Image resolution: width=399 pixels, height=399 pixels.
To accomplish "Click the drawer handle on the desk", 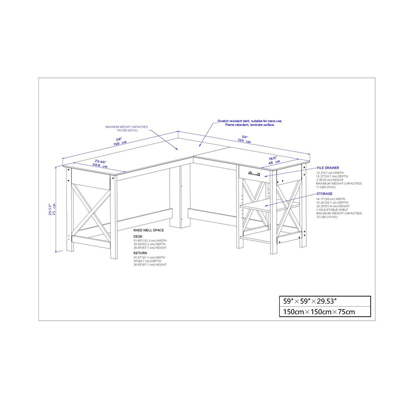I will point(253,173).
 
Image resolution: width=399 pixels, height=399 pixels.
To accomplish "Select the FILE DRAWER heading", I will point(328,169).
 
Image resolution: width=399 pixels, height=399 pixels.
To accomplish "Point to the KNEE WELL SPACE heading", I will point(148,230).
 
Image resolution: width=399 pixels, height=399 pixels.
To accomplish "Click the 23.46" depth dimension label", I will point(100,162).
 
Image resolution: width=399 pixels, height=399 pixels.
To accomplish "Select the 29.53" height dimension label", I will point(49,208).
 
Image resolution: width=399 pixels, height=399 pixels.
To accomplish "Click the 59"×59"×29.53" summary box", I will point(324,301).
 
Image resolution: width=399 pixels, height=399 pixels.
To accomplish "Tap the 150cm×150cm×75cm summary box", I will point(324,312).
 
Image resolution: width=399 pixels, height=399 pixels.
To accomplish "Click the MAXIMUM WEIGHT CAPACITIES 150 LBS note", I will point(126,129).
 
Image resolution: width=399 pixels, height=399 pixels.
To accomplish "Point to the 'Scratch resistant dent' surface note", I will point(249,123).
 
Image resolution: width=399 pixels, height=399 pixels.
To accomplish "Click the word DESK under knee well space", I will point(138,236).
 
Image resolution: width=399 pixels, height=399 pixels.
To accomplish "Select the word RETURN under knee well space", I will point(140,253).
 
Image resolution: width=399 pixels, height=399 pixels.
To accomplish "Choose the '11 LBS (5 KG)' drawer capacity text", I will point(325,187).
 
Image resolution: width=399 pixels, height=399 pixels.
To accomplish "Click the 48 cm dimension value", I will point(274,163).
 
